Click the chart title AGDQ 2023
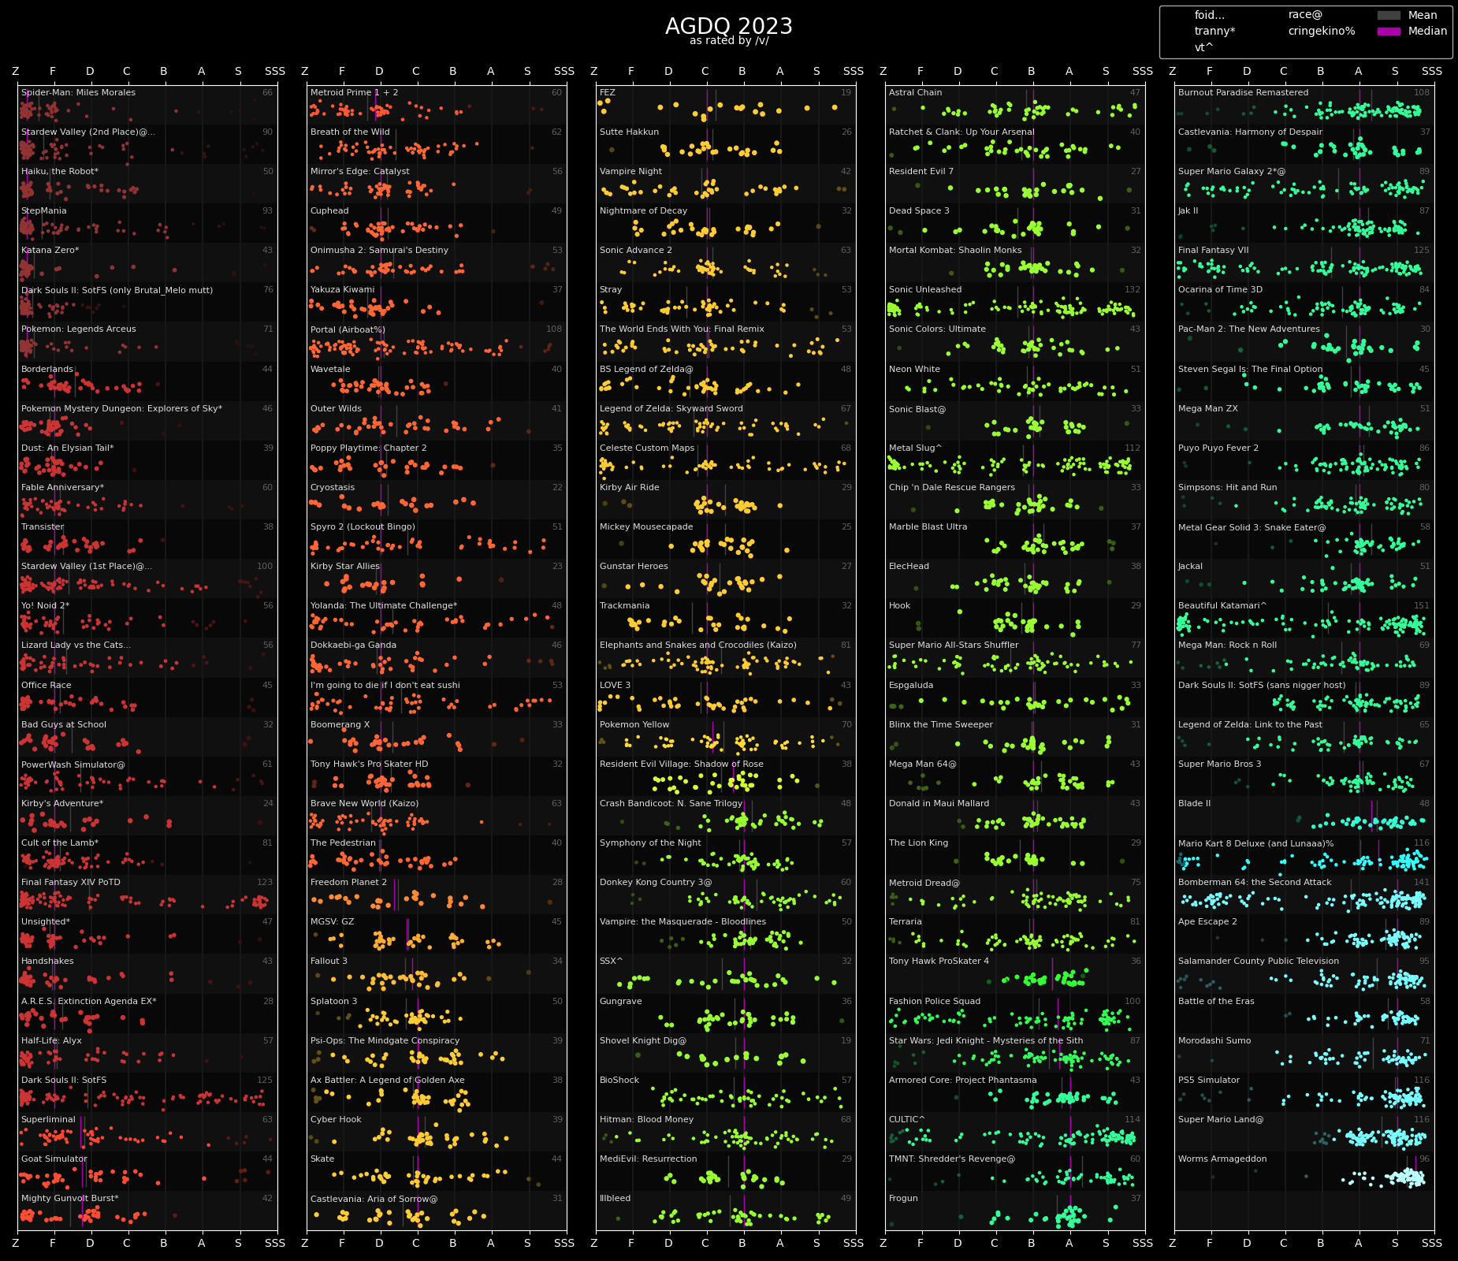click(x=728, y=26)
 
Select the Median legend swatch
click(x=1389, y=32)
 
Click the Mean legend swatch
click(x=1389, y=15)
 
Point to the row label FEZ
click(x=607, y=92)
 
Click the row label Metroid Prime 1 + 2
click(x=354, y=92)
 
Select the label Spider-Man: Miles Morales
click(x=78, y=92)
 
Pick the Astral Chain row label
click(x=915, y=92)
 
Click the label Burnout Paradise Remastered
click(x=1243, y=92)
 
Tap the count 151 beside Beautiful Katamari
click(x=1421, y=605)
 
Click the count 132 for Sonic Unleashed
click(x=1132, y=289)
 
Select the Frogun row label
click(x=903, y=1198)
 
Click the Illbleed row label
click(x=615, y=1198)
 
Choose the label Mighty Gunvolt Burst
click(x=69, y=1198)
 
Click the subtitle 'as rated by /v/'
click(x=728, y=41)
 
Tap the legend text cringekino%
click(x=1321, y=32)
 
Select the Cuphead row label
click(x=329, y=210)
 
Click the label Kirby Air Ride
click(x=629, y=487)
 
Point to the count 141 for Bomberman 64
click(x=1421, y=882)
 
